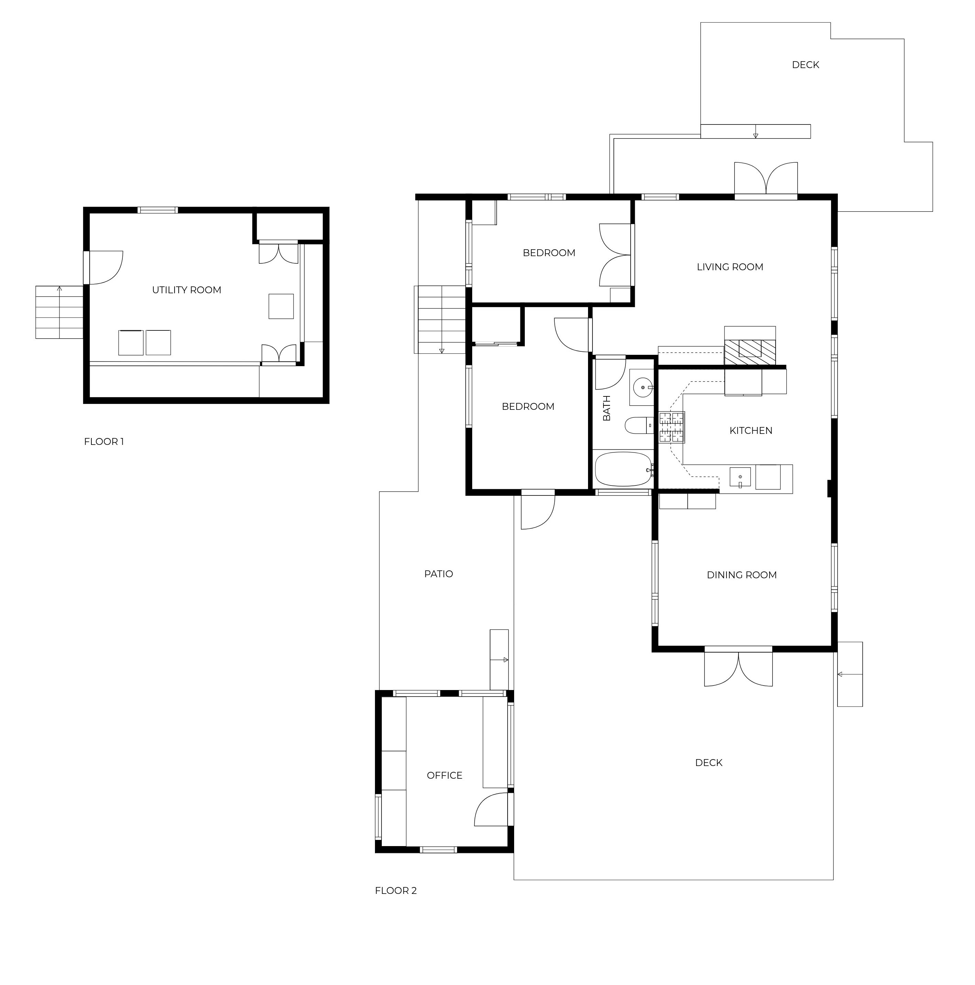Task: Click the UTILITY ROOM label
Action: coord(187,290)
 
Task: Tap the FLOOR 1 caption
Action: coord(104,441)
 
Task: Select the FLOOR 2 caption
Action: coord(396,891)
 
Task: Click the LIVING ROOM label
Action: coord(730,267)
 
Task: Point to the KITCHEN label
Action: coord(751,430)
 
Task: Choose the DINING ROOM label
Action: coord(742,575)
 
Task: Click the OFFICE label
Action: coord(444,776)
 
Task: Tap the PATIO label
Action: coord(438,574)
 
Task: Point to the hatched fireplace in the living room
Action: coord(750,352)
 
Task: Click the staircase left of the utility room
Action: coord(59,312)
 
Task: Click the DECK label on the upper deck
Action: coord(805,65)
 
